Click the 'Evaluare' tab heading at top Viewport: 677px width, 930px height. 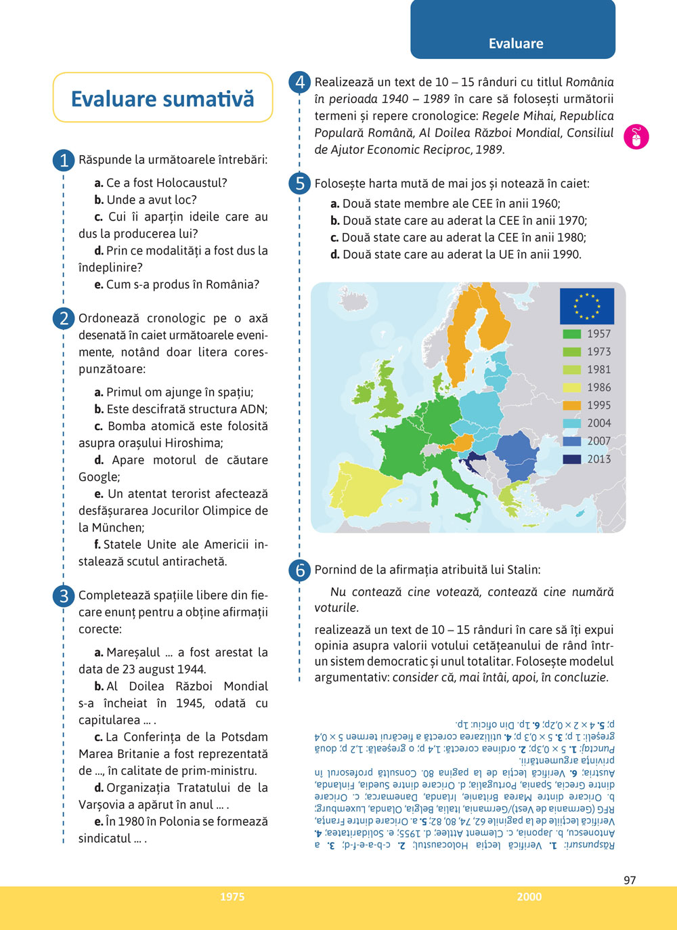tap(516, 44)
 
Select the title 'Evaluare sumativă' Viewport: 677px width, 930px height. tap(162, 99)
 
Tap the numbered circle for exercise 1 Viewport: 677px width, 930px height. tap(64, 161)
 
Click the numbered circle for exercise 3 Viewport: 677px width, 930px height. tap(64, 596)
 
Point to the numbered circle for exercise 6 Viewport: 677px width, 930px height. tap(300, 570)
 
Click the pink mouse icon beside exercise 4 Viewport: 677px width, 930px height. tap(636, 137)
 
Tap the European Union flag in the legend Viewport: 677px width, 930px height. tap(586, 306)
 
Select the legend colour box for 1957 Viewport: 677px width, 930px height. tap(572, 334)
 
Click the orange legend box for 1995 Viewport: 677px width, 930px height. tap(572, 405)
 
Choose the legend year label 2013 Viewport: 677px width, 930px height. tap(599, 459)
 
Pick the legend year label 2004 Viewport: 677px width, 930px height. tap(599, 423)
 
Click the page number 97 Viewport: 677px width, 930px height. tap(630, 880)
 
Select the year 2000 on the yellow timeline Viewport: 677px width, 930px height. tap(529, 897)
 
